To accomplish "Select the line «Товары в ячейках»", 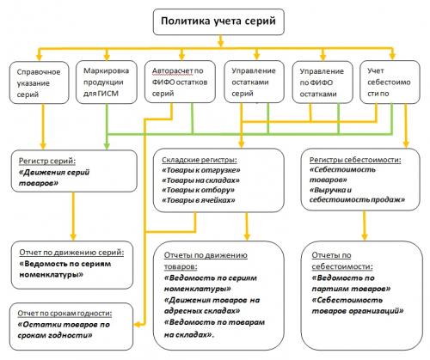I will (199, 201).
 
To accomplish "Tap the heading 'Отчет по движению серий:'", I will (71, 253).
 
